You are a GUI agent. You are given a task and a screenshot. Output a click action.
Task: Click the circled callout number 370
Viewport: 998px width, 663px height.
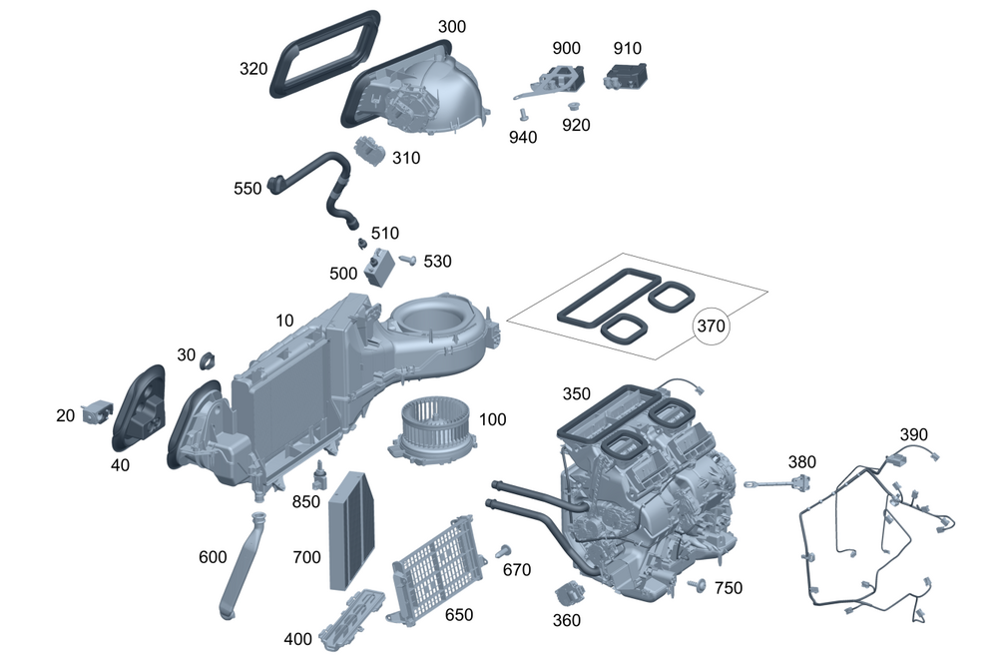coord(712,326)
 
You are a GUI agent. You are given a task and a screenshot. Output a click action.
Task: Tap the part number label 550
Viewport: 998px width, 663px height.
coord(248,188)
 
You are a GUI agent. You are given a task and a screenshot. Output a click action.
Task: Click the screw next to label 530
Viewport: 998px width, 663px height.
coord(407,260)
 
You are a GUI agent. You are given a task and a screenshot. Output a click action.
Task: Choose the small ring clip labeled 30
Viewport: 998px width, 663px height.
coord(210,358)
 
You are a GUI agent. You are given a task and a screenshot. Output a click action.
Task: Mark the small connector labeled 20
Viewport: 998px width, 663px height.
coord(98,408)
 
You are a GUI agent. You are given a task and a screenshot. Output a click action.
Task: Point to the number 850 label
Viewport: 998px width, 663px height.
coord(306,502)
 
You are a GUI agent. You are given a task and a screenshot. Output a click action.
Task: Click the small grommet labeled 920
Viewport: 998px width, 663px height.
coord(574,105)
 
